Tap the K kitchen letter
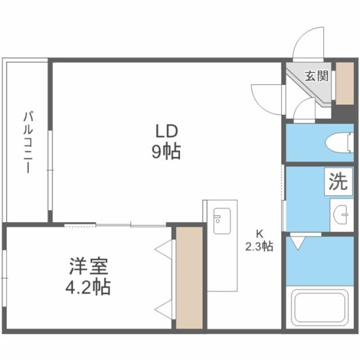tap(259, 233)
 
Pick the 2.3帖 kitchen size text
tap(259, 246)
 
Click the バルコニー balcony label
tap(28, 142)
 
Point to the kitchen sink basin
tap(222, 220)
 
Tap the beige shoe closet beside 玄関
tap(345, 83)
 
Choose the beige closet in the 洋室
tap(189, 277)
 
